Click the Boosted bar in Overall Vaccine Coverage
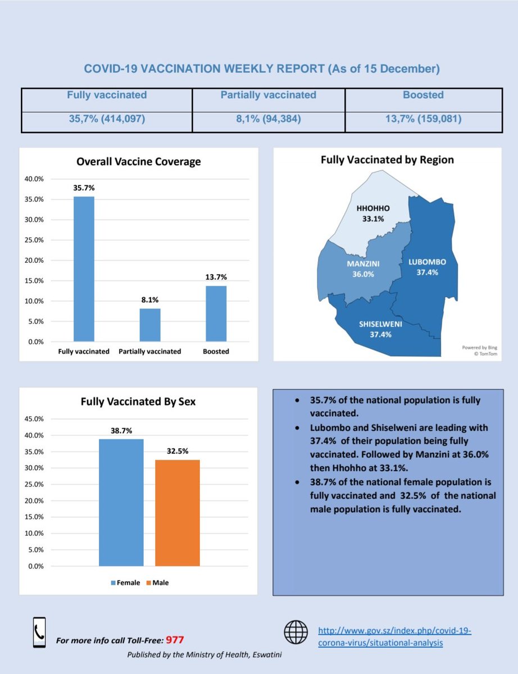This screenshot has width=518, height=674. point(216,313)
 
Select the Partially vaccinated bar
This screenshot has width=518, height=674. point(150,325)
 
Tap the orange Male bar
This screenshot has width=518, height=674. point(178,512)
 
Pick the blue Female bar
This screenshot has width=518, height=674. point(121,502)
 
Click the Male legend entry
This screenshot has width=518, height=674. point(158,583)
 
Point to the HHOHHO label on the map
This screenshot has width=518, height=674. point(374,208)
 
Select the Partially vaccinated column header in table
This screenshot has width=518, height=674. point(268,95)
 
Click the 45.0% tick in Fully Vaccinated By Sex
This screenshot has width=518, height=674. point(34,419)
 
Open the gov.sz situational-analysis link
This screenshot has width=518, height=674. point(394,637)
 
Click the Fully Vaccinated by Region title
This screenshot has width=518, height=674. point(387,160)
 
